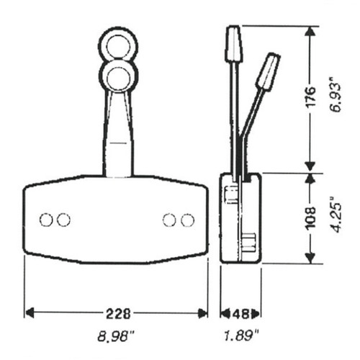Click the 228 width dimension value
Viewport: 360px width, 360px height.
tap(117, 313)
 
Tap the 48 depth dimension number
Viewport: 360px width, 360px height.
tap(241, 313)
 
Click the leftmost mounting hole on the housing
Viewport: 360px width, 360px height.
tap(46, 220)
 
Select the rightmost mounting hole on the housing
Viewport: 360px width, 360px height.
tap(188, 220)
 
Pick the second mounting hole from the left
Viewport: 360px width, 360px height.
tap(63, 220)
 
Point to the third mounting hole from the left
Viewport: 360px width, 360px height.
tap(170, 220)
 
